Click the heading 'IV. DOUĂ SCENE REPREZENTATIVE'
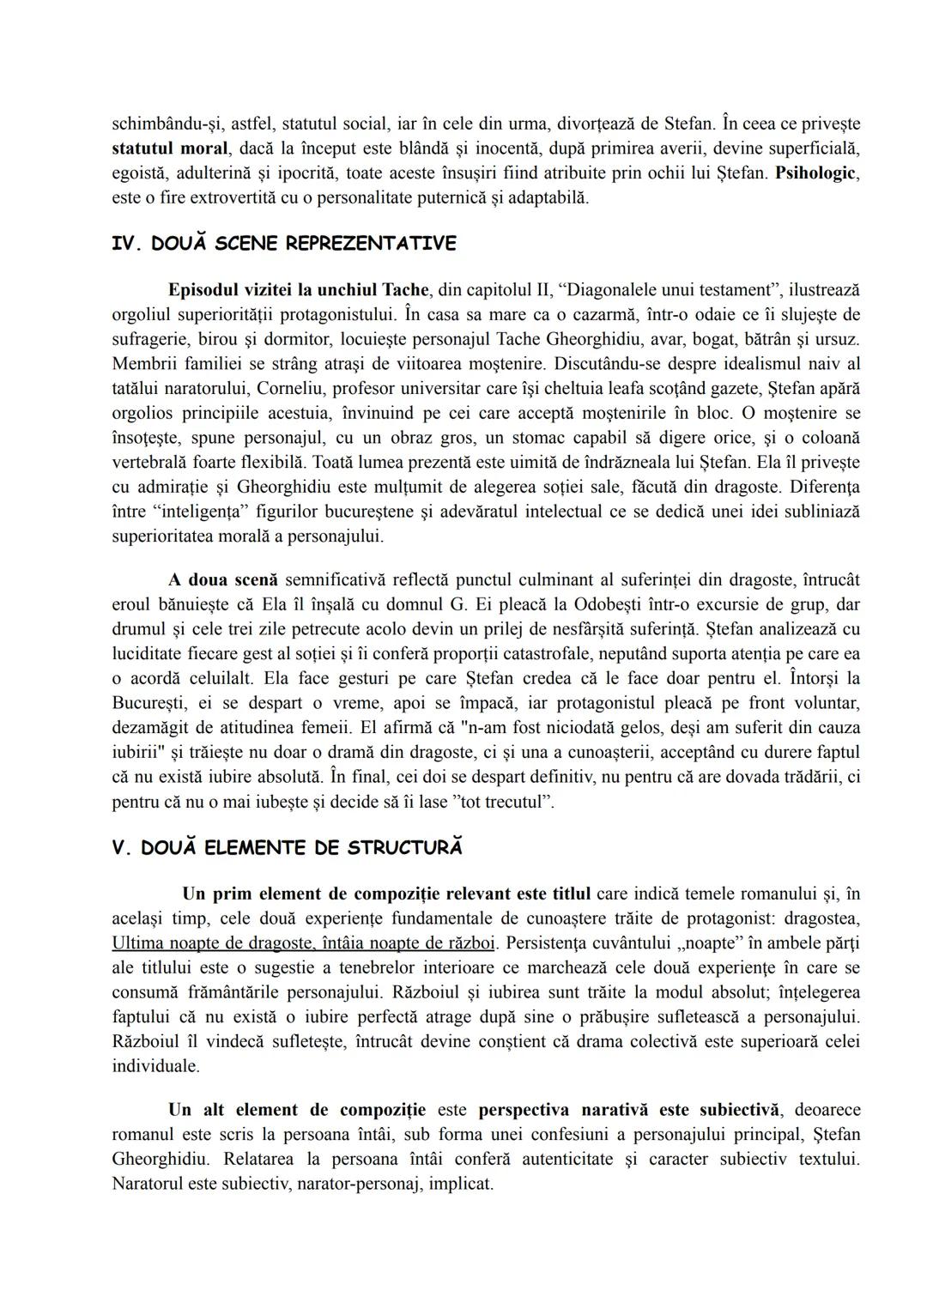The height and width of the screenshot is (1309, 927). (283, 244)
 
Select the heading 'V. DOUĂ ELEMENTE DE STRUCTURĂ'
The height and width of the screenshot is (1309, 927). (287, 848)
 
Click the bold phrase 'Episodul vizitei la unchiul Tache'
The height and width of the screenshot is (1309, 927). (298, 289)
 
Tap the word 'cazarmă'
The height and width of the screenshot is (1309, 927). (568, 314)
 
